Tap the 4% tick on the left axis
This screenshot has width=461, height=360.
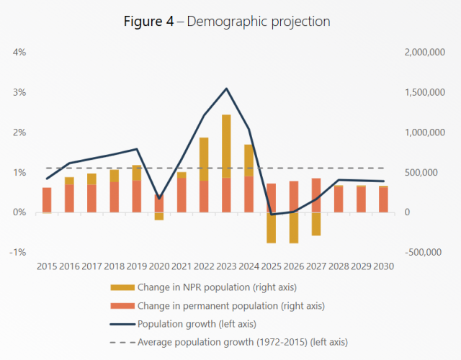pos(18,53)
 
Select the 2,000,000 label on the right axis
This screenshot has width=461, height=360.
pos(426,53)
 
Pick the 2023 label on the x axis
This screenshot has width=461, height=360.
pos(226,267)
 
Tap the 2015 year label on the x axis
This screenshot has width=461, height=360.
pos(47,267)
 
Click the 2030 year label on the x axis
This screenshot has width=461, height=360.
pos(382,267)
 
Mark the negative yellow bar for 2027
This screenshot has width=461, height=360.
pos(315,224)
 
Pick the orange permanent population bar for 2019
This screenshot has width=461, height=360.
pos(137,196)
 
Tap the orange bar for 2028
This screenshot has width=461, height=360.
pos(338,199)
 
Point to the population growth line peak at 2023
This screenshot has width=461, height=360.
pos(226,89)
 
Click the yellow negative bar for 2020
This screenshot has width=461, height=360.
pos(159,216)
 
